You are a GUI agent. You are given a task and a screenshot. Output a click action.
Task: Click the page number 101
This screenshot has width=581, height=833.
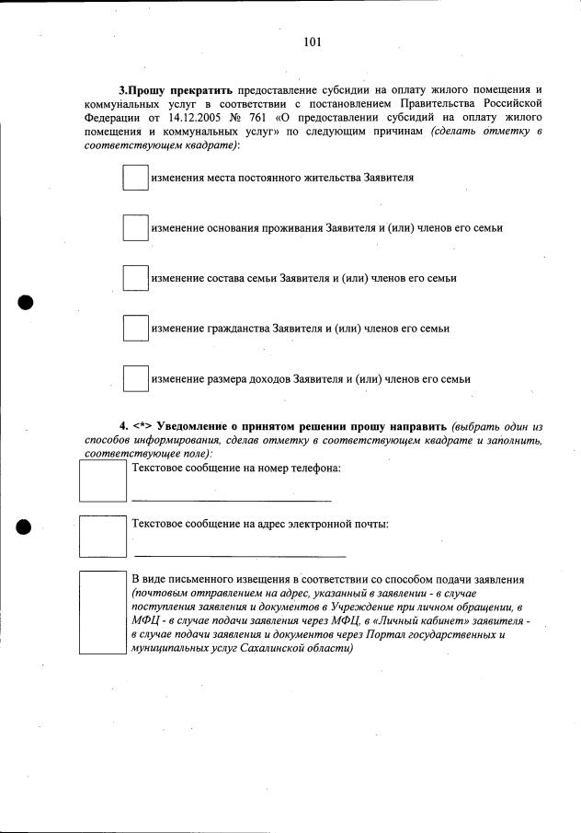point(312,41)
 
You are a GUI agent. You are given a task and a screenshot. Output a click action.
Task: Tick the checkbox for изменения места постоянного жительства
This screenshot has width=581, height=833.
point(135,178)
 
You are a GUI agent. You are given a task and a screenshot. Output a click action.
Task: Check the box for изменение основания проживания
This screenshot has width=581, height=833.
point(135,227)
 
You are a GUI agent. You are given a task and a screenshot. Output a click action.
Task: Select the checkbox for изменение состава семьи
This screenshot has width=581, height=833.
point(135,278)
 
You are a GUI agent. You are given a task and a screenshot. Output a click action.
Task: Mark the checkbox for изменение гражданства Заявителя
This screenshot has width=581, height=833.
point(135,328)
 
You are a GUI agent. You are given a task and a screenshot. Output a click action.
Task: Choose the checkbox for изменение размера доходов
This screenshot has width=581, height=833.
point(135,378)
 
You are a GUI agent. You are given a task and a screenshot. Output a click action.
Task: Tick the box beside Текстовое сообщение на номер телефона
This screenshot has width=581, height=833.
point(102,480)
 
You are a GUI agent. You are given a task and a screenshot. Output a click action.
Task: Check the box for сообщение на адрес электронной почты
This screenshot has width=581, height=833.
point(102,537)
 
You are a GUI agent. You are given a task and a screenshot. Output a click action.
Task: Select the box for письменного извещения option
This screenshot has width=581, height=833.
point(102,612)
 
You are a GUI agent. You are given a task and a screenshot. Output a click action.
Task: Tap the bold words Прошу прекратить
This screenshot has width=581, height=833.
point(179,90)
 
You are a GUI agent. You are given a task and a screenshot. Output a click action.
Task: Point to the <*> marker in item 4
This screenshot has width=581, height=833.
point(142,426)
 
